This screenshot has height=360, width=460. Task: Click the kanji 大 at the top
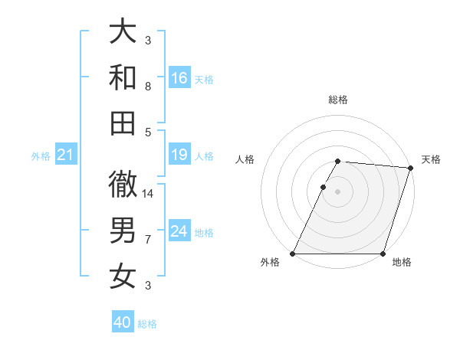(122, 32)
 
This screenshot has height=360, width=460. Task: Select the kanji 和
(122, 77)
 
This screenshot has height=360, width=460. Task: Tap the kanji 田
(122, 122)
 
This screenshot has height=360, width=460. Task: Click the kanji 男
(122, 230)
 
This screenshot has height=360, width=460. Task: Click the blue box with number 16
(179, 78)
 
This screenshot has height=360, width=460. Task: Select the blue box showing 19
(179, 155)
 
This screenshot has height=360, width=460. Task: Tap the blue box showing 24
(179, 231)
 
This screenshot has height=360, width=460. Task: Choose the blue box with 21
(65, 155)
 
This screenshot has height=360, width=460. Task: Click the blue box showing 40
(123, 322)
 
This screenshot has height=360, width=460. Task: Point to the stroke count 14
(148, 193)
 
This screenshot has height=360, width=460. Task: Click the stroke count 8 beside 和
(147, 86)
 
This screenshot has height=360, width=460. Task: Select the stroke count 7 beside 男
(147, 240)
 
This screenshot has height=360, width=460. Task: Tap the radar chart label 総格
(338, 100)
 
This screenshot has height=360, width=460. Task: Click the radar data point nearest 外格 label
(293, 254)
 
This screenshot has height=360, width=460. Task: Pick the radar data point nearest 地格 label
(383, 254)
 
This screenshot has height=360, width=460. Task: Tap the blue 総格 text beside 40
(147, 324)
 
